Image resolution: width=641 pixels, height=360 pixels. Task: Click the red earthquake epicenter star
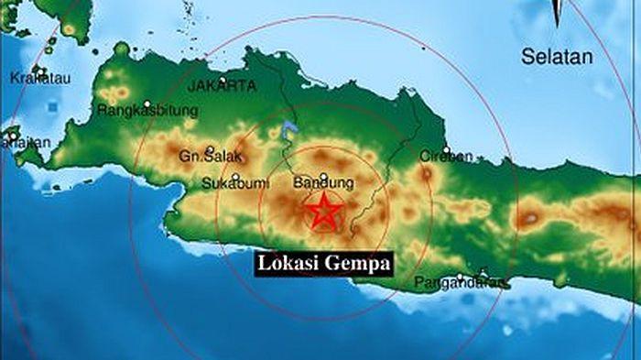click(323, 213)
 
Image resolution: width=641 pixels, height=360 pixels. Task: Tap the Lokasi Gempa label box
click(324, 263)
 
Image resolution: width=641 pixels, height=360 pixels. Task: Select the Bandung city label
click(323, 183)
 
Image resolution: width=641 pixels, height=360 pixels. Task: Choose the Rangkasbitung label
click(147, 112)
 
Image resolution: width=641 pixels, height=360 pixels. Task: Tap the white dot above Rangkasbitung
click(147, 102)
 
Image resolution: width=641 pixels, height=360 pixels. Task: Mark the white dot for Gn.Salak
click(210, 147)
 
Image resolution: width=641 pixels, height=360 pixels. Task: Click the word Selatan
click(557, 57)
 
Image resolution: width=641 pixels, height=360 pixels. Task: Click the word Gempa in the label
click(358, 263)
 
